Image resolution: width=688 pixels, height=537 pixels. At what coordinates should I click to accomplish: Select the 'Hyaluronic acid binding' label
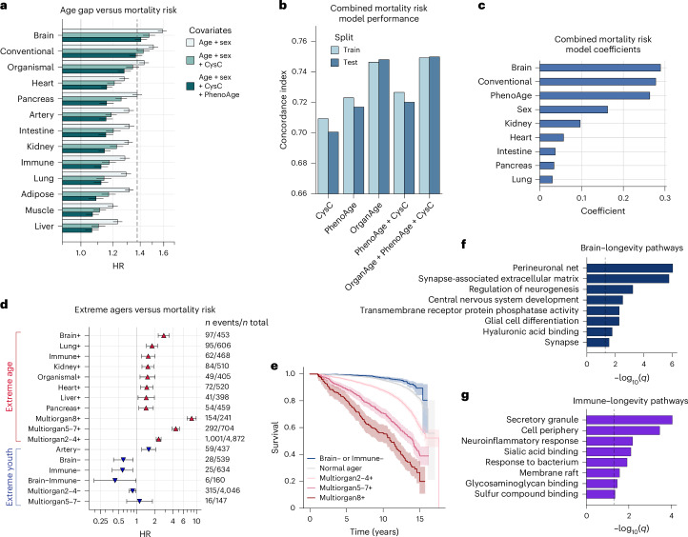click(529, 330)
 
